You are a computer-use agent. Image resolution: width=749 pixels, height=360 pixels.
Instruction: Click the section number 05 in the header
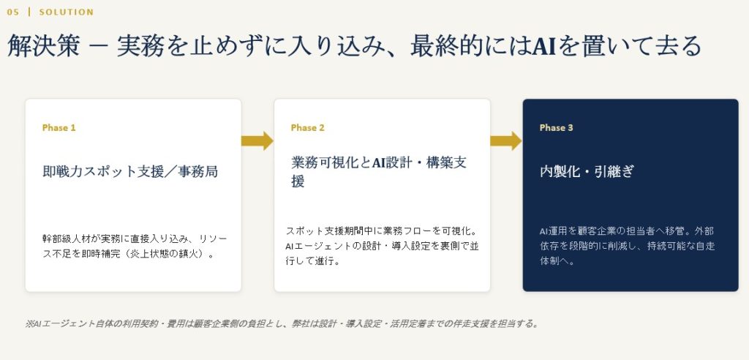pyautogui.click(x=13, y=12)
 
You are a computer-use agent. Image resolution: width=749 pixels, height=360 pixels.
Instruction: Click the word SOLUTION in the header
pyautogui.click(x=67, y=12)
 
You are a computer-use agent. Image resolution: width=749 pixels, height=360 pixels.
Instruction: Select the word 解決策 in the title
pyautogui.click(x=43, y=46)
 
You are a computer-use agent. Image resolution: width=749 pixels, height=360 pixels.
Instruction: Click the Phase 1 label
pyautogui.click(x=59, y=127)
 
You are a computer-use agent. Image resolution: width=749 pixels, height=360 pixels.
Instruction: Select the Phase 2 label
pyautogui.click(x=308, y=127)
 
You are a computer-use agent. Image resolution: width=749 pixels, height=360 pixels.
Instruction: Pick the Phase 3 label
pyautogui.click(x=557, y=127)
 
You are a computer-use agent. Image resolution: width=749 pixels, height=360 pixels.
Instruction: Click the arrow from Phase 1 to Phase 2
pyautogui.click(x=257, y=140)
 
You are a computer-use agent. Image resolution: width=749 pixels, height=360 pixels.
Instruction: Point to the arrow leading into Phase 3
pyautogui.click(x=506, y=140)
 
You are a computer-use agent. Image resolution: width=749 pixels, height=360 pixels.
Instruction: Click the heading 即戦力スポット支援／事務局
pyautogui.click(x=130, y=171)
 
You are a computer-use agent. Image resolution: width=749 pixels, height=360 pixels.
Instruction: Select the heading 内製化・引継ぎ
pyautogui.click(x=587, y=171)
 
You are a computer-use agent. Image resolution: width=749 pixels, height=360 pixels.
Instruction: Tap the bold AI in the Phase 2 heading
pyautogui.click(x=379, y=162)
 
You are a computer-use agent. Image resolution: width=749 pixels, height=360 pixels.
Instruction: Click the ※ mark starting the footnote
pyautogui.click(x=29, y=323)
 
